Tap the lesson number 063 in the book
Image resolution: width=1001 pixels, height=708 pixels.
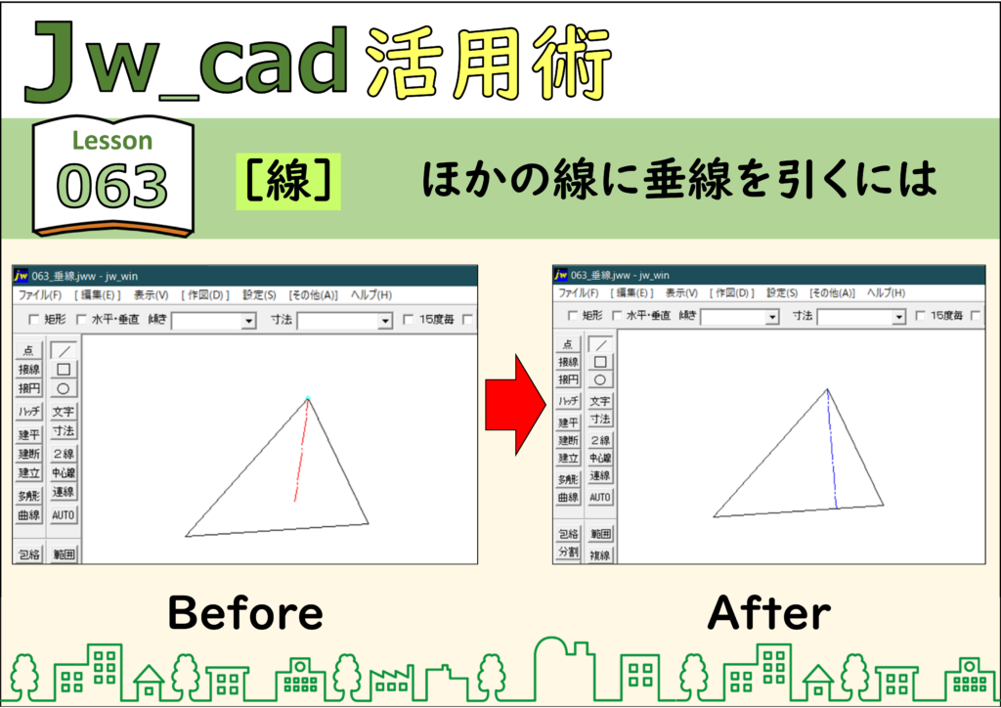pos(112,186)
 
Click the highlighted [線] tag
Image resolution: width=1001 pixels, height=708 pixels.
pos(288,181)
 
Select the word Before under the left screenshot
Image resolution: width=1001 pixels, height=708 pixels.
pos(245,613)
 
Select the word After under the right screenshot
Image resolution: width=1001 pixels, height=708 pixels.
pos(769,613)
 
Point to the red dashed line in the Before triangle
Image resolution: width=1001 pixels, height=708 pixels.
pos(301,451)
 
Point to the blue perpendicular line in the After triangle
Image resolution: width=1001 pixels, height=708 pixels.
pos(832,449)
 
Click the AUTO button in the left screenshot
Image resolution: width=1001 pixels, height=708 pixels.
pos(64,514)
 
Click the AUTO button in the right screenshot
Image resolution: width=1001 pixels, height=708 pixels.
pos(600,497)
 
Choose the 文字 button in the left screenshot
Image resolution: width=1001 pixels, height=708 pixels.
pos(64,412)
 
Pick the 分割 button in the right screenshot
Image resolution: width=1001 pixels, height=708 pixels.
pos(568,551)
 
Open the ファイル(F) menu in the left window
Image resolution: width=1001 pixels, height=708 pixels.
pos(39,295)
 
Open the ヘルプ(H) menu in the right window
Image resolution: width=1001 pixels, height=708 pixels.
pos(886,292)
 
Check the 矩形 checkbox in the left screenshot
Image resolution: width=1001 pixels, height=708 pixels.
pos(34,319)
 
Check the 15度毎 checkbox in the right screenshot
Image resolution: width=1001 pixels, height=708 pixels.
pos(921,316)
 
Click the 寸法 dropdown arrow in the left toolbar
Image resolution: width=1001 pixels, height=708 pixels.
pos(385,321)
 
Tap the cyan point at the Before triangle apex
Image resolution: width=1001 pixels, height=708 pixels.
pos(308,398)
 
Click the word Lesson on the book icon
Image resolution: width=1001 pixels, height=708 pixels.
pos(112,141)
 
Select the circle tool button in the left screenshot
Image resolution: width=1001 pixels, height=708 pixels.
pos(64,388)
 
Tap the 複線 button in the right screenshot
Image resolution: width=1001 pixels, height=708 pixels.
pos(600,554)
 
